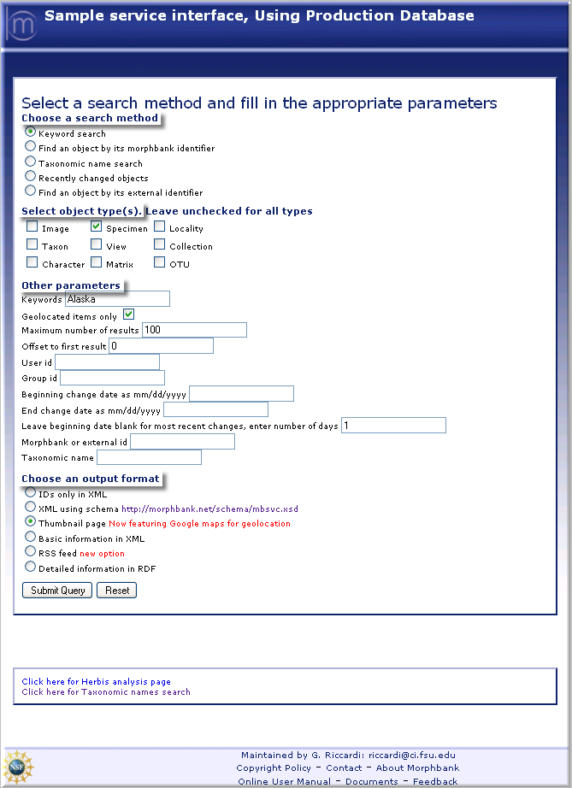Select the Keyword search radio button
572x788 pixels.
point(31,132)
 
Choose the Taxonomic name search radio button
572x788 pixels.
point(31,162)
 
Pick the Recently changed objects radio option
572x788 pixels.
point(31,177)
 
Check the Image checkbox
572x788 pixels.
point(32,227)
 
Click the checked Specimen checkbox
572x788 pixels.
point(97,227)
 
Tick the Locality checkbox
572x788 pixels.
point(159,227)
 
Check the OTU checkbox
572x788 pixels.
point(159,263)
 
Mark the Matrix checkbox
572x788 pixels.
point(97,263)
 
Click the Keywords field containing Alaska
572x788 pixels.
point(117,298)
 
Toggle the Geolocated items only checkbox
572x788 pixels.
point(129,315)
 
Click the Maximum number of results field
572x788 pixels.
point(194,330)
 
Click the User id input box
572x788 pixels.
point(107,362)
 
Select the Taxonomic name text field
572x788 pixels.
point(149,457)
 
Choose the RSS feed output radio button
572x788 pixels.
point(31,552)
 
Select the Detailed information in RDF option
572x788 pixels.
point(31,567)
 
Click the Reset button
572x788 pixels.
point(117,590)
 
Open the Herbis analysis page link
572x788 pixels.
point(96,682)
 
